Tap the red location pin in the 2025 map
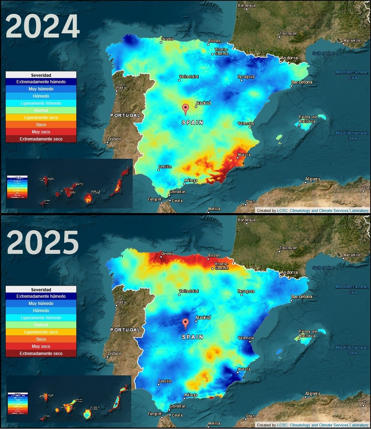pyautogui.click(x=185, y=324)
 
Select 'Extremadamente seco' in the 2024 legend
pyautogui.click(x=41, y=139)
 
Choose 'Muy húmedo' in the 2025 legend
pyautogui.click(x=41, y=304)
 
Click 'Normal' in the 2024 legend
pyautogui.click(x=41, y=110)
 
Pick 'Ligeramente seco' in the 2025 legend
pyautogui.click(x=41, y=332)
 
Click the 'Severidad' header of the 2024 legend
pyautogui.click(x=41, y=75)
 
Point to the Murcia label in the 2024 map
pyautogui.click(x=244, y=155)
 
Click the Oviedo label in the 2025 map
pyautogui.click(x=167, y=254)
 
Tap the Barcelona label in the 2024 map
pyautogui.click(x=302, y=82)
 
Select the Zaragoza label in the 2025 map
pyautogui.click(x=246, y=291)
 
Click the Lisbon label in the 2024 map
pyautogui.click(x=114, y=139)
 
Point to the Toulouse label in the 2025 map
pyautogui.click(x=288, y=248)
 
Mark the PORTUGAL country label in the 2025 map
pyautogui.click(x=125, y=330)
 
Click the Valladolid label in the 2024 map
pyautogui.click(x=189, y=77)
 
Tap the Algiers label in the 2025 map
pyautogui.click(x=312, y=394)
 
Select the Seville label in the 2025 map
pyautogui.click(x=165, y=381)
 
